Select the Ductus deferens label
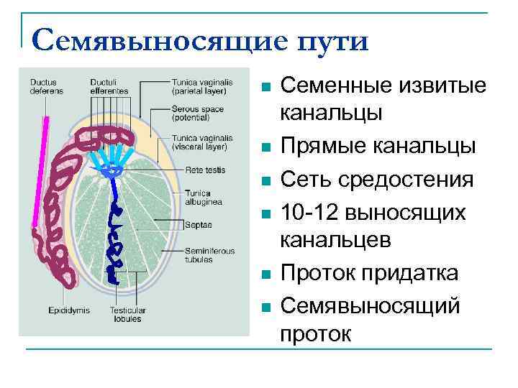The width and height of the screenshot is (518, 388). point(46,86)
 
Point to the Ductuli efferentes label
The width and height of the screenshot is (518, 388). point(109,86)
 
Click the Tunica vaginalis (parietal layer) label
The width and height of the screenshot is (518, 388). point(202,86)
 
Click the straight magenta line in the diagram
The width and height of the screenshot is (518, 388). point(41,172)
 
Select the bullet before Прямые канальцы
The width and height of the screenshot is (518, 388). point(265,149)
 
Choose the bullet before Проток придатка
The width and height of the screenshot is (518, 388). point(265,275)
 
